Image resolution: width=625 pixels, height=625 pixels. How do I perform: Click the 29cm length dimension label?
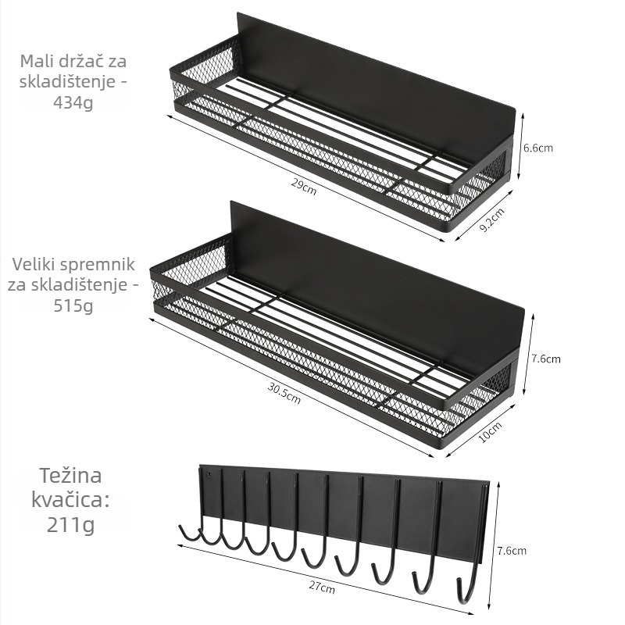[x=304, y=187]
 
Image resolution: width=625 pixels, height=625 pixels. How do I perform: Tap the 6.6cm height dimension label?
[x=538, y=148]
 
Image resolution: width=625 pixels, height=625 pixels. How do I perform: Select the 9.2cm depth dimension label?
[x=491, y=220]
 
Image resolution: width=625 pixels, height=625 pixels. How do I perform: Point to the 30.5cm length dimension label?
[x=284, y=393]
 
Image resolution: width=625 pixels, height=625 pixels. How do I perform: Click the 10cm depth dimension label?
[x=490, y=432]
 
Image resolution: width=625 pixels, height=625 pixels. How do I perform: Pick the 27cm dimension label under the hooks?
[x=322, y=587]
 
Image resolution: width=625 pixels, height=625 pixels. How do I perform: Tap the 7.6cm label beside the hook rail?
[x=512, y=551]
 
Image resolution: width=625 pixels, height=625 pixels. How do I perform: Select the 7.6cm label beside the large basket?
[x=546, y=359]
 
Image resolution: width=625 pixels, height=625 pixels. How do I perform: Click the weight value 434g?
[x=73, y=103]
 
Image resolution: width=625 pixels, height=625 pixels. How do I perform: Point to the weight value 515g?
[x=73, y=306]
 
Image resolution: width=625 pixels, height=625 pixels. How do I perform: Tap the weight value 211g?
[x=70, y=524]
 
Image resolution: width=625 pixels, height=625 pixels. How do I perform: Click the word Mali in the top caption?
[x=35, y=62]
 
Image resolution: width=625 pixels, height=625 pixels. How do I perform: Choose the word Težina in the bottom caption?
[x=70, y=476]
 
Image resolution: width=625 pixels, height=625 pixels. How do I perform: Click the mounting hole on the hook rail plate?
[x=209, y=475]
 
